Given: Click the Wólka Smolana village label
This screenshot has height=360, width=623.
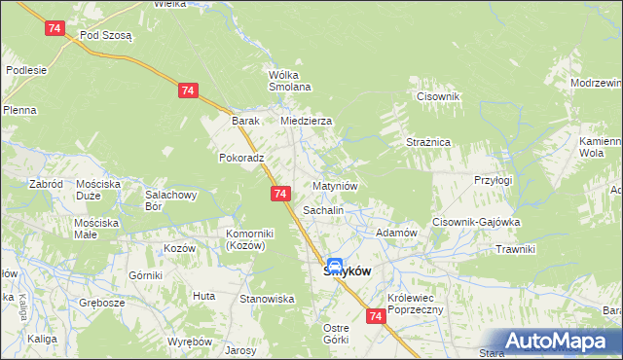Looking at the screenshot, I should coord(289,81).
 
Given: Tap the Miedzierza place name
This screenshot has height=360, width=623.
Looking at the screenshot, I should coord(307,121).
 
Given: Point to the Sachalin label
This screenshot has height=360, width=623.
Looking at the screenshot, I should coord(324,209).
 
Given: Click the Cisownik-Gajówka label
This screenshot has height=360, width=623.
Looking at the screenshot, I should coord(477,222).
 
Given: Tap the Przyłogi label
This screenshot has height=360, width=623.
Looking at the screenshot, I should coord(492,180).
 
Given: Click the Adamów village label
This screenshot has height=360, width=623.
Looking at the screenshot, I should coord(396,234).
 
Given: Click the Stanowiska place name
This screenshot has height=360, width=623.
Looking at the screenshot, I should coord(268,299).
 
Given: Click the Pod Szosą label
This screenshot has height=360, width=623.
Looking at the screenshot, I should coord(106,34).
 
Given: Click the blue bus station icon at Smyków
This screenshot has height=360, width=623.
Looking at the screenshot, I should coord(334,266).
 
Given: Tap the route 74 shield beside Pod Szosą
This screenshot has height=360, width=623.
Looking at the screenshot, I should coord(55,29).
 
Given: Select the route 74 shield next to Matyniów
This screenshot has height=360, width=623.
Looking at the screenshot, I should coord(280,195).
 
